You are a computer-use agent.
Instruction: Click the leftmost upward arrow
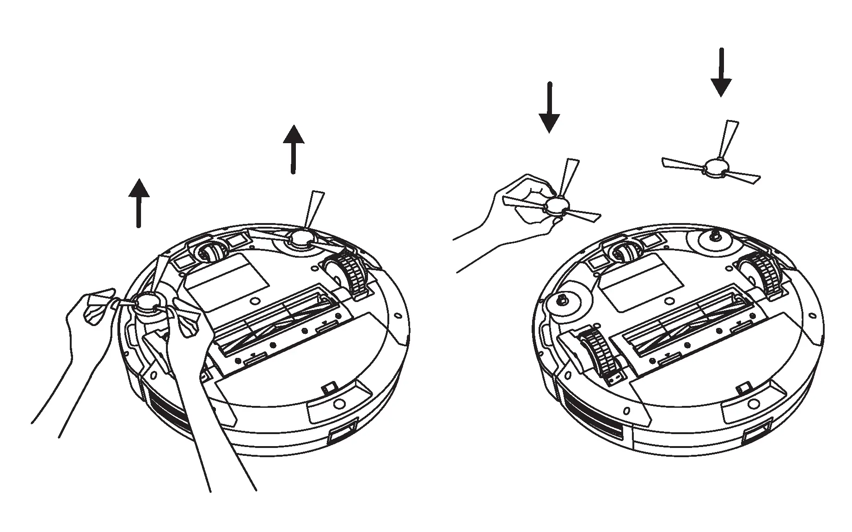click(x=139, y=203)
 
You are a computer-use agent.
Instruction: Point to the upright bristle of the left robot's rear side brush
click(x=312, y=210)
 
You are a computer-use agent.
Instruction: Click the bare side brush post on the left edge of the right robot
click(x=562, y=300)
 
